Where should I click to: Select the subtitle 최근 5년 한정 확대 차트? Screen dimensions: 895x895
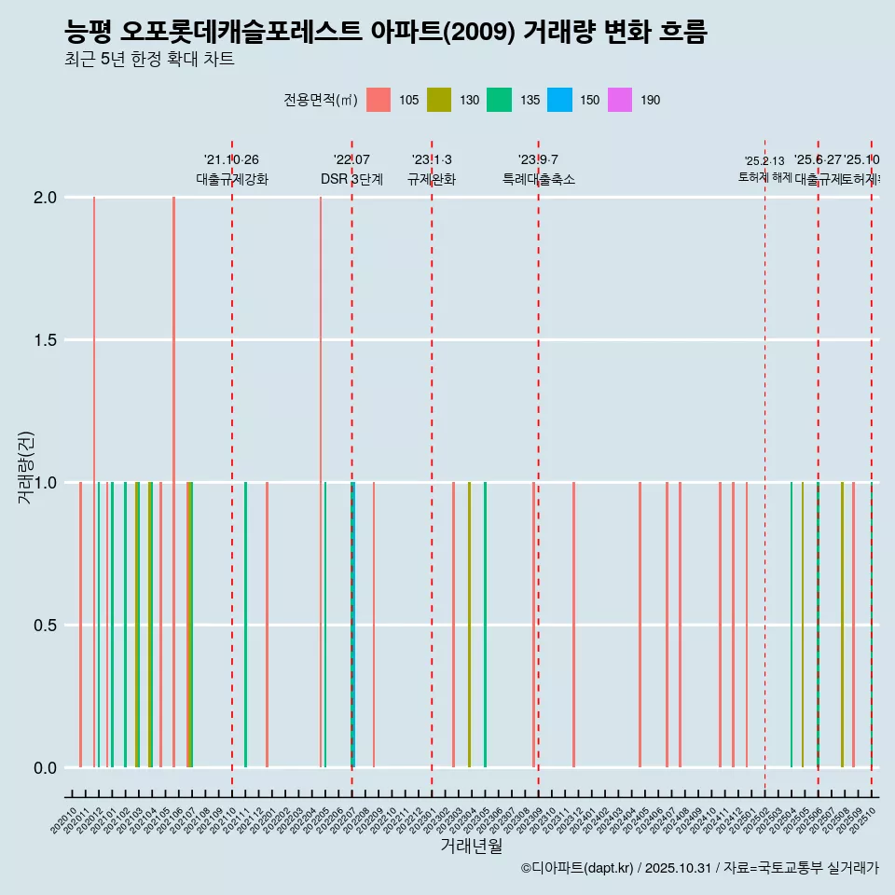pyautogui.click(x=149, y=60)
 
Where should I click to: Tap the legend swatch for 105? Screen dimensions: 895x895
pyautogui.click(x=379, y=100)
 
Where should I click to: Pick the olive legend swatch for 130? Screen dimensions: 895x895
pyautogui.click(x=438, y=100)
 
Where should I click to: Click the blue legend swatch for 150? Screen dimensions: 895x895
pyautogui.click(x=559, y=100)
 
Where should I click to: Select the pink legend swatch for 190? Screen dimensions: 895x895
pyautogui.click(x=619, y=100)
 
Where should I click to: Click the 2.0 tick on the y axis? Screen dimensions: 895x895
pyautogui.click(x=47, y=198)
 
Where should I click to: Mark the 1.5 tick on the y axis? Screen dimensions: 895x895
pyautogui.click(x=47, y=340)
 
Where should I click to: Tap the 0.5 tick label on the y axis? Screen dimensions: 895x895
pyautogui.click(x=47, y=626)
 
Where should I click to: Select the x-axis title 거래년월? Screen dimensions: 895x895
pyautogui.click(x=471, y=847)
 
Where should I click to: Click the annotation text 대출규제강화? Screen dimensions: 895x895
pyautogui.click(x=232, y=179)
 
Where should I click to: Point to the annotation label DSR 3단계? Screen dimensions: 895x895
pyautogui.click(x=351, y=179)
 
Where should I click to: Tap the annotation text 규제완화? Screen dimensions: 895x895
pyautogui.click(x=432, y=179)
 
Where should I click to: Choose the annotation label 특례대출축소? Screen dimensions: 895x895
pyautogui.click(x=539, y=179)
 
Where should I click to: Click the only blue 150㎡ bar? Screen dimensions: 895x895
pyautogui.click(x=354, y=625)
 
